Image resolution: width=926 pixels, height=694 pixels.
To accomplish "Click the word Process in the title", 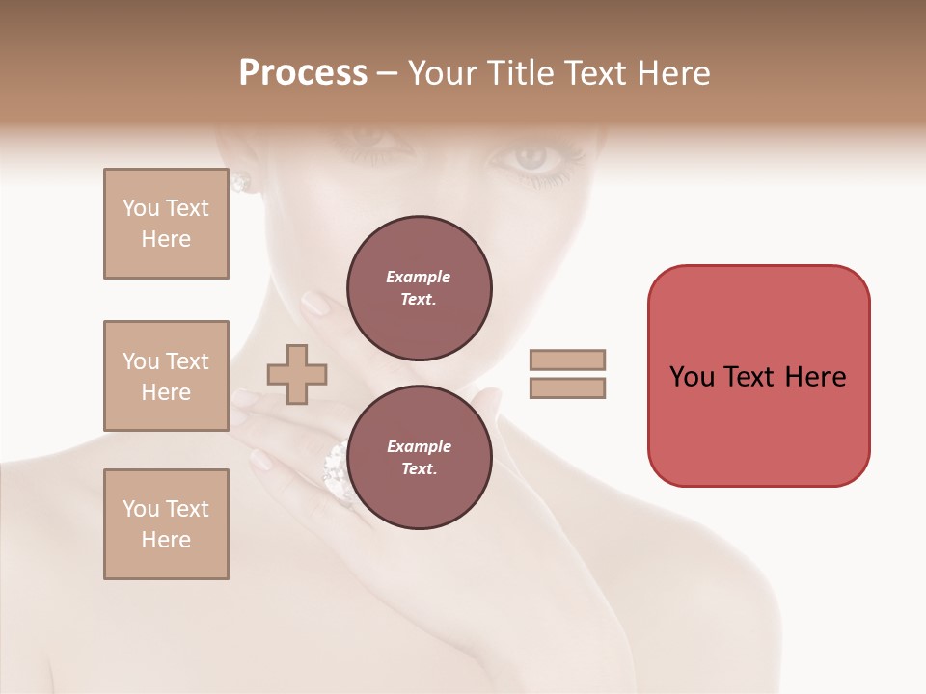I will pos(303,73).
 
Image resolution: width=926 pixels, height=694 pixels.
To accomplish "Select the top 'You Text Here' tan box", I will pos(166,224).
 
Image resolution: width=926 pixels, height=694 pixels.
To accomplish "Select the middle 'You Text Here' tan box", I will pos(166,376).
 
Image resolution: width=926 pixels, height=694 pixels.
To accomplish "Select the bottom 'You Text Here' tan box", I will pos(166,524).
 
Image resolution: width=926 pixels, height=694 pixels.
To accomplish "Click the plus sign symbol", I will pos(297,375).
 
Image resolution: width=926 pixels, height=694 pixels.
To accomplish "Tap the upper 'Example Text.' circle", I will pos(419,287).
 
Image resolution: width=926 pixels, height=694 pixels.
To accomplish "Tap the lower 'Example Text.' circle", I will pos(419,457).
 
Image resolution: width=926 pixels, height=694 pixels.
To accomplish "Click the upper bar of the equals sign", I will pos(568,360).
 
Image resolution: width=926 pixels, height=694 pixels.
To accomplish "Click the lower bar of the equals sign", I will pos(568,387).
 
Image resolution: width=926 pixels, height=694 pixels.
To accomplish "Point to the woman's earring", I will pos(240,181).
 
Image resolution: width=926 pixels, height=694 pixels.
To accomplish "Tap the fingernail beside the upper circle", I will pos(314,304).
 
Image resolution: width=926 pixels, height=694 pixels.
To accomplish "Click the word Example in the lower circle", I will pos(419,446).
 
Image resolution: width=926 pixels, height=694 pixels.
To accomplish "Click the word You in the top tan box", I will pos(141,208).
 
